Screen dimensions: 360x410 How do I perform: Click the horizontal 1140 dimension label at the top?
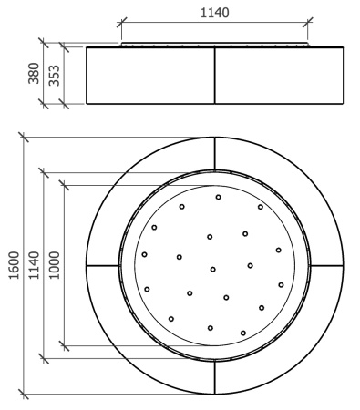click(214, 13)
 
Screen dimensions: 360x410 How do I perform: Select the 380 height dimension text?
click(34, 73)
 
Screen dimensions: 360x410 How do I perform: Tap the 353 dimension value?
click(55, 76)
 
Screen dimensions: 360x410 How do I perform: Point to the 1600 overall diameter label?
click(14, 265)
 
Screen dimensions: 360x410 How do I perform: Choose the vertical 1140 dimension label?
click(34, 265)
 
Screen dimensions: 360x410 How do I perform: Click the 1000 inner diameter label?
click(55, 265)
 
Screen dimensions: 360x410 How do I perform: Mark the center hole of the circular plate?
click(213, 269)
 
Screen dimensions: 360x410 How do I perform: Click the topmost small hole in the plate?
click(218, 197)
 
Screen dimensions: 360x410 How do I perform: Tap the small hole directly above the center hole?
click(210, 237)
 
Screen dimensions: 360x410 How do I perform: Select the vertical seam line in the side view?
click(215, 76)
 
